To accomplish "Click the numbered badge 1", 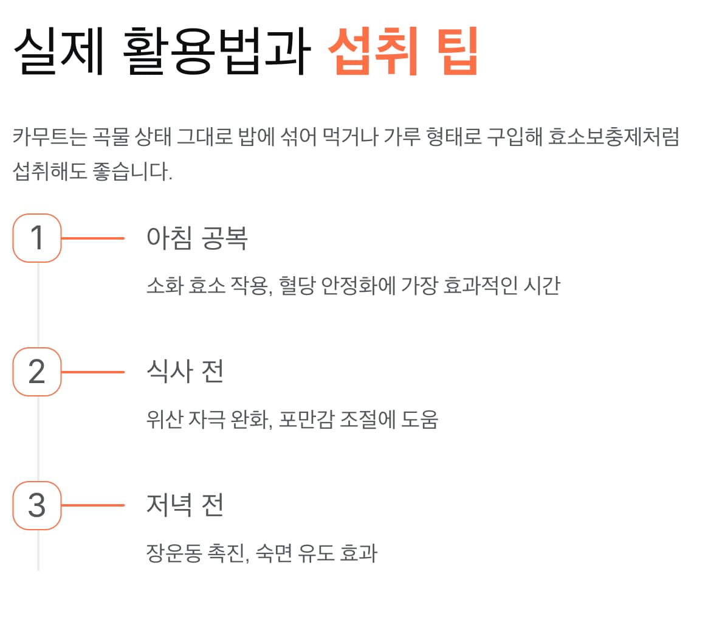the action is (x=37, y=238).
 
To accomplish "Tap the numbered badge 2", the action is (x=37, y=372).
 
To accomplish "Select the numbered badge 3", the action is (x=37, y=505).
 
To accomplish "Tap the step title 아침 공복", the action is (x=197, y=238).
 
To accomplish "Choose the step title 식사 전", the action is (x=185, y=372).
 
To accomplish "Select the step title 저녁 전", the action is (x=185, y=505).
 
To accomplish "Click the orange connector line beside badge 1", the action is (x=93, y=238).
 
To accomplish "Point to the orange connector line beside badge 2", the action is (x=93, y=372).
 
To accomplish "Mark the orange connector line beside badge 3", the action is (x=93, y=506).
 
